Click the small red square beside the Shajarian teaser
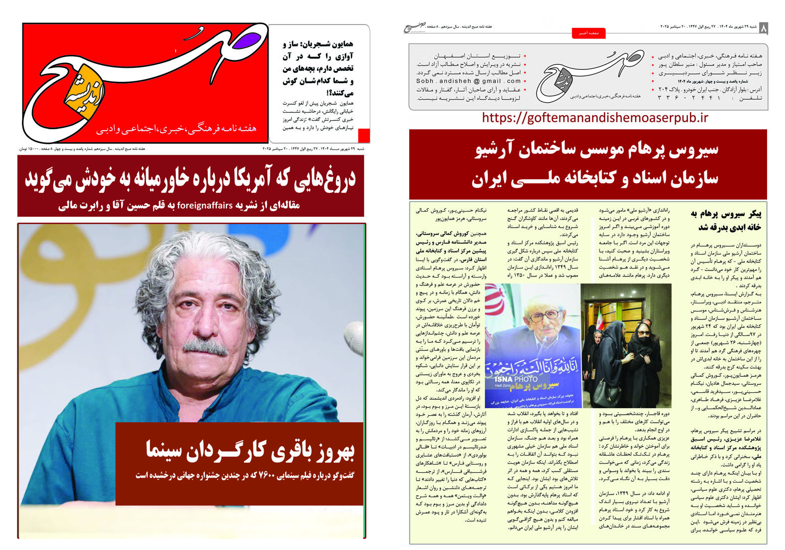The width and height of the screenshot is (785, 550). tap(364, 135)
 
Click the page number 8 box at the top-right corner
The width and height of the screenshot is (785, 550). tap(764, 28)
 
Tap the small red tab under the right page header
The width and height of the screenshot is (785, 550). tap(589, 33)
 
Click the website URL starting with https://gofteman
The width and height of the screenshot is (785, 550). tap(595, 118)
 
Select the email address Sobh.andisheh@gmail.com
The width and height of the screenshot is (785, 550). tap(469, 81)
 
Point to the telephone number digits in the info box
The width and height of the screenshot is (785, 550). tap(689, 98)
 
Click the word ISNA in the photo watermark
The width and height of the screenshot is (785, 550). tap(503, 379)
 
